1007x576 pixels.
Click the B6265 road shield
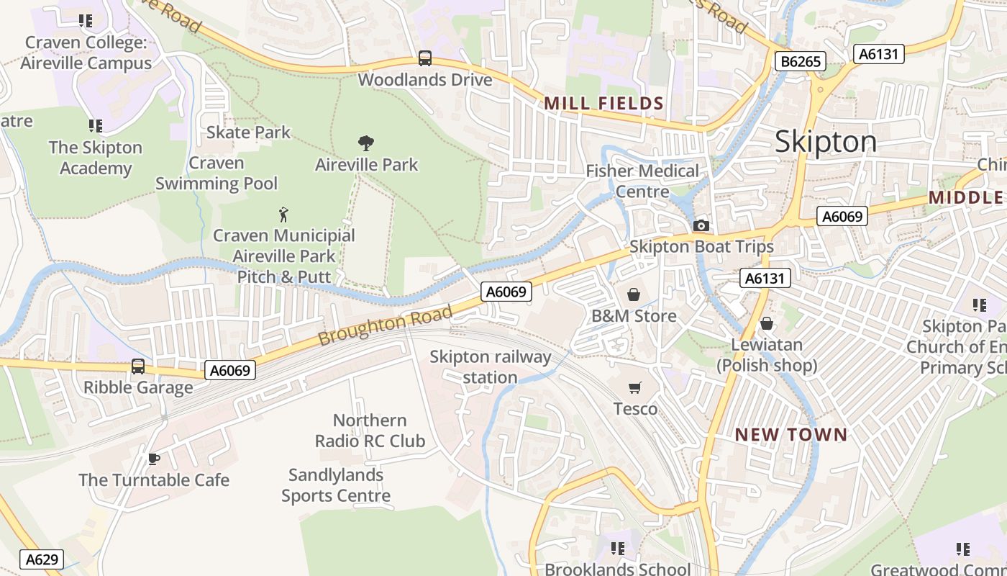coord(801,61)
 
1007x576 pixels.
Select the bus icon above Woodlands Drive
coord(425,58)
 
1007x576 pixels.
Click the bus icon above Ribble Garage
coord(138,366)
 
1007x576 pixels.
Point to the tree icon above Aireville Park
coord(365,143)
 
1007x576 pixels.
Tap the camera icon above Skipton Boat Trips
coord(701,226)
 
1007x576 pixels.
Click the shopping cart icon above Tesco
coord(634,388)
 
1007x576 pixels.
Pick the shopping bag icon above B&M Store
coord(634,294)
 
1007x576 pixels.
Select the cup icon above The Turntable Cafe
coord(153,459)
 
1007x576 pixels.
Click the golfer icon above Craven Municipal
coord(284,214)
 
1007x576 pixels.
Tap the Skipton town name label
coord(826,142)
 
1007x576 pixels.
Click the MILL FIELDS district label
coord(603,103)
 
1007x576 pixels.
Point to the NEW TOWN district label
coord(791,435)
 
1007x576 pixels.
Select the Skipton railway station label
coord(490,367)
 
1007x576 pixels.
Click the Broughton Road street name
coord(386,325)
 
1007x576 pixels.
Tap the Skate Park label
coord(248,132)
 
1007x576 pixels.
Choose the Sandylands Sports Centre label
coord(336,485)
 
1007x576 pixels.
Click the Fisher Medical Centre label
coord(642,181)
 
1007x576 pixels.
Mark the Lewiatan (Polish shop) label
coord(767,355)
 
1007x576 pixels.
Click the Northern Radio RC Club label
coord(370,431)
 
